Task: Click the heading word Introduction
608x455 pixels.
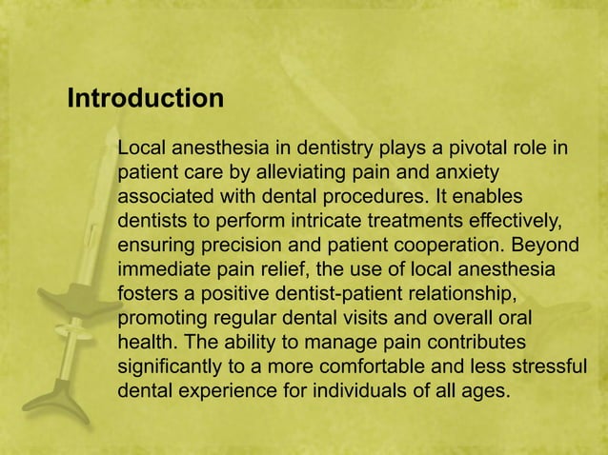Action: click(x=146, y=98)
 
